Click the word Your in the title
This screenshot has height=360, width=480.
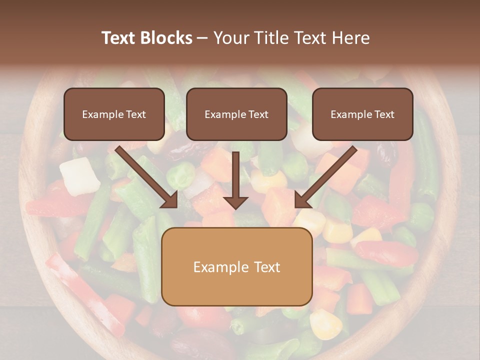point(228,38)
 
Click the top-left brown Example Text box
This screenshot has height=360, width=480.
point(114,114)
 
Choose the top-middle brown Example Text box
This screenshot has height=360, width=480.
point(236,114)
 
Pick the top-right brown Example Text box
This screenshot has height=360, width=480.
point(362,114)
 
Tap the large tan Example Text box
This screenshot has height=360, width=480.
point(236,266)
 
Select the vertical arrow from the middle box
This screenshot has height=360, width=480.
point(235,180)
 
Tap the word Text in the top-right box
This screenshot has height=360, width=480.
point(383,114)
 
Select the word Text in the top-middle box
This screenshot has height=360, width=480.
point(257,114)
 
